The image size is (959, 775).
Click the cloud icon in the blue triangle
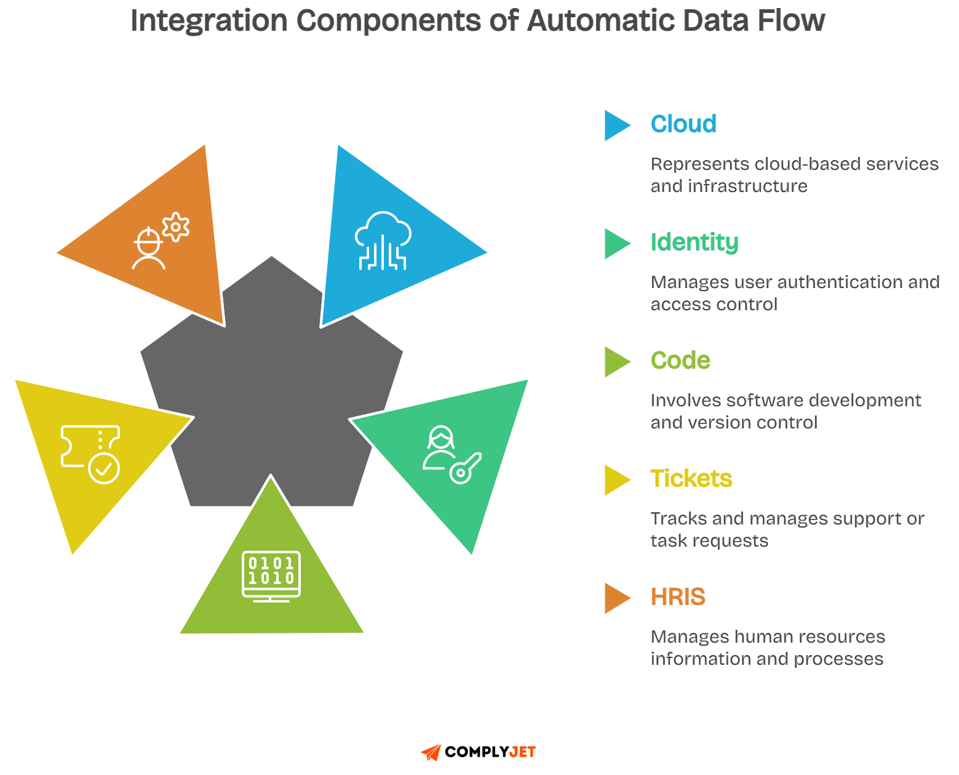(x=383, y=241)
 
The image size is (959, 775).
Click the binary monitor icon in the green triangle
(x=271, y=576)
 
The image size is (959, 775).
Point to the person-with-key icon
(x=451, y=456)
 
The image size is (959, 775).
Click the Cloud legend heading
(x=683, y=124)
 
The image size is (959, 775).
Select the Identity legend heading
(x=694, y=243)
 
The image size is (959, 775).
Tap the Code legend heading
(x=680, y=361)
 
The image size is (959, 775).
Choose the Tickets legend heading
(x=691, y=479)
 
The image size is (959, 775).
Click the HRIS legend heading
(x=678, y=597)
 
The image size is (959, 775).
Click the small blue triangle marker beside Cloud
(x=616, y=126)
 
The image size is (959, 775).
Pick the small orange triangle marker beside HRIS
(x=616, y=598)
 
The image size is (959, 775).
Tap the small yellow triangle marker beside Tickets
(x=616, y=480)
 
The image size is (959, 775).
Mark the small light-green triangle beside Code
(x=616, y=362)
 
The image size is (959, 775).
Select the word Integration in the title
(x=209, y=20)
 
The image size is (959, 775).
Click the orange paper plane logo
(x=431, y=752)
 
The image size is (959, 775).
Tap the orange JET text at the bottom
(x=522, y=752)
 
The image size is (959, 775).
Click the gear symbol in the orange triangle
(x=176, y=227)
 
